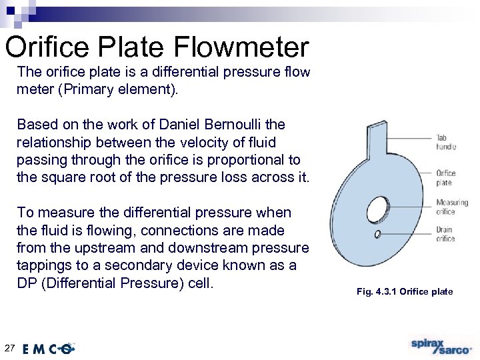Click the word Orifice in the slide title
click(44, 47)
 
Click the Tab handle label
click(446, 142)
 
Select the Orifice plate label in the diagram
click(446, 178)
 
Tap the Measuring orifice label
click(452, 207)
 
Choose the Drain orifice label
click(445, 234)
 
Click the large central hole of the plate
click(378, 209)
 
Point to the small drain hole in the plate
click(378, 234)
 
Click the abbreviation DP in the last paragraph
click(27, 283)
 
